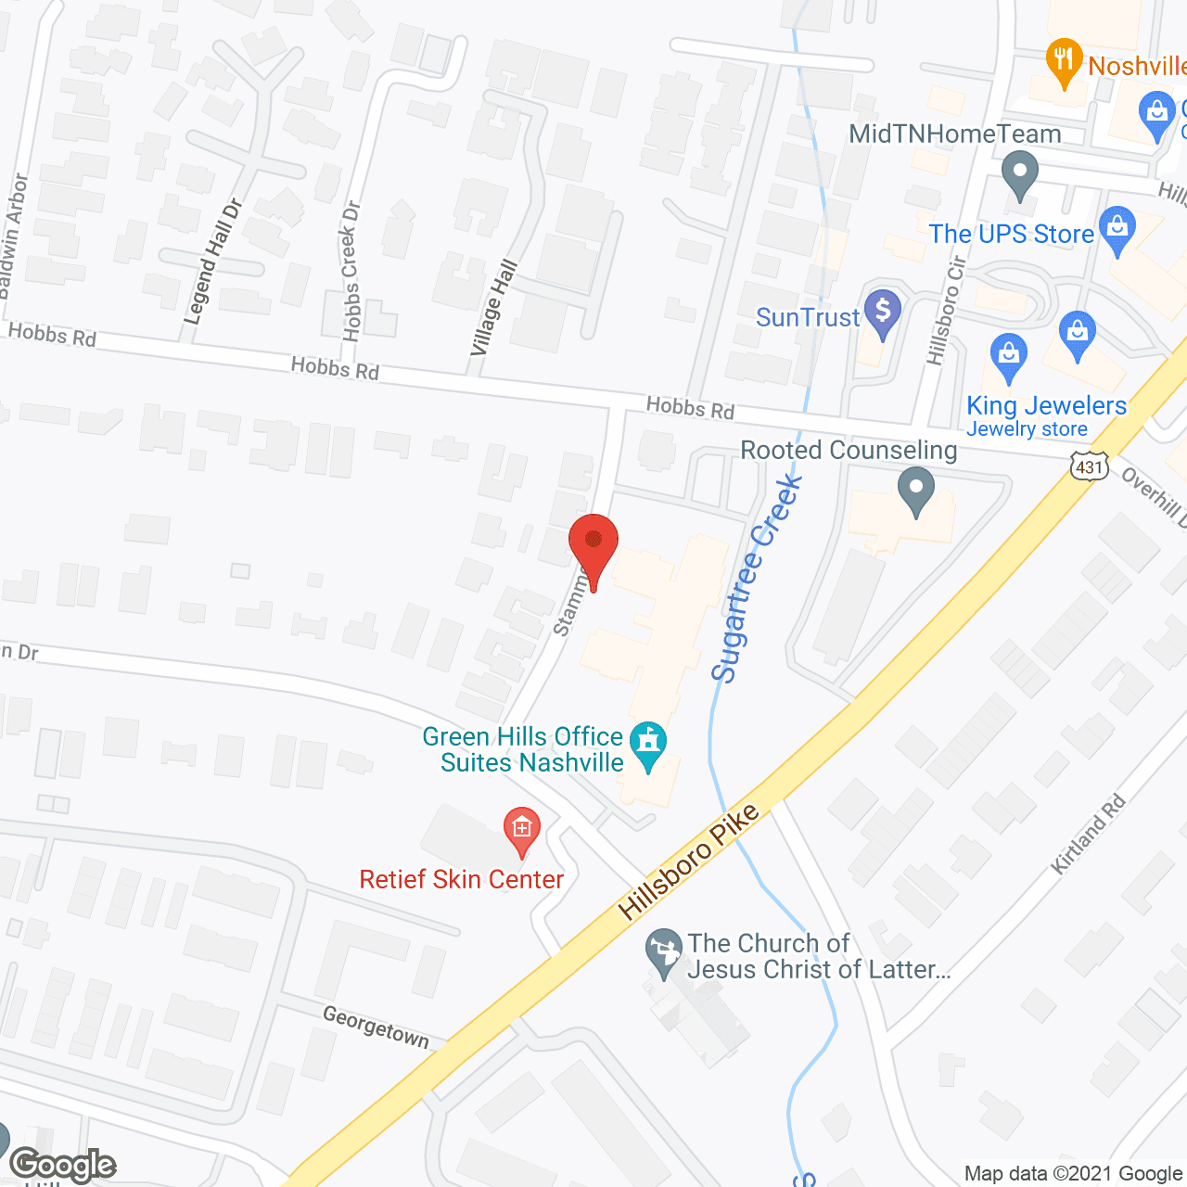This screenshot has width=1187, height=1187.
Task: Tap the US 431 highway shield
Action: click(1090, 466)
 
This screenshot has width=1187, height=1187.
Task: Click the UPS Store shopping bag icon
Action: click(1117, 228)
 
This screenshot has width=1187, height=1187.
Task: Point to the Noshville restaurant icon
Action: click(1064, 61)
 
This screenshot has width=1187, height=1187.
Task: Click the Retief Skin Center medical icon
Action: click(522, 829)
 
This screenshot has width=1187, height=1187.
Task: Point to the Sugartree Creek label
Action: click(756, 579)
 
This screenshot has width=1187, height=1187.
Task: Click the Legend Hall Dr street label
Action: click(212, 262)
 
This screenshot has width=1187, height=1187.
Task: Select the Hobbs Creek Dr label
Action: click(351, 271)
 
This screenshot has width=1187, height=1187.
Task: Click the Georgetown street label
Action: click(376, 1027)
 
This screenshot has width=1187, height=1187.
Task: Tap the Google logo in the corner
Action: click(62, 1165)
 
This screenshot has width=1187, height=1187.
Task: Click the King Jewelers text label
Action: click(1046, 405)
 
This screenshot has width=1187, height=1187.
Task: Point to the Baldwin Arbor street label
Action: click(13, 236)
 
